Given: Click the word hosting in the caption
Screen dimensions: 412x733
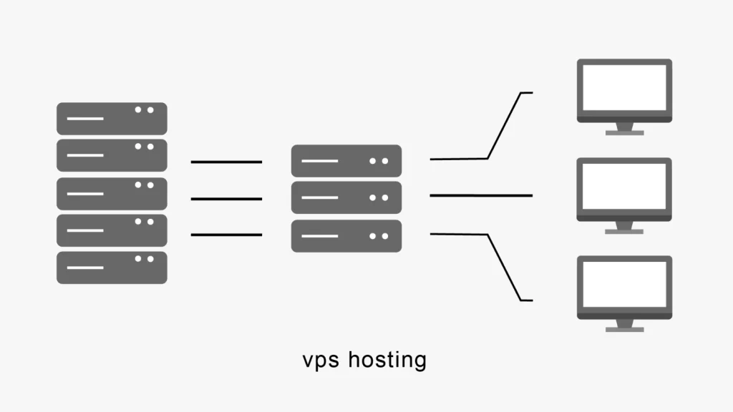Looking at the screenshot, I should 387,360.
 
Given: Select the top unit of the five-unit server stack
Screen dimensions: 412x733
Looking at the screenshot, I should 112,119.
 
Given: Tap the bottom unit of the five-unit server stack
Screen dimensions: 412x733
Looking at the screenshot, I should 112,268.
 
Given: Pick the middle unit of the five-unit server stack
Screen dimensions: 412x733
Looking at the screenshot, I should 112,193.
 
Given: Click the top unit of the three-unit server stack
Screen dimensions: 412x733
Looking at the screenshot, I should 346,161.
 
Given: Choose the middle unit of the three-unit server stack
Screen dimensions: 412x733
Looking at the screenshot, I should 346,198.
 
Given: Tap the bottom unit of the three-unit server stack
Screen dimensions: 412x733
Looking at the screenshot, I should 346,236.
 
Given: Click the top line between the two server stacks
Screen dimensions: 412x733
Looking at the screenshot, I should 226,162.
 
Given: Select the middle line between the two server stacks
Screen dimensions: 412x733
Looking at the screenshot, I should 226,199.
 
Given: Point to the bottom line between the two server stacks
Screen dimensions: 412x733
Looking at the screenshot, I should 226,235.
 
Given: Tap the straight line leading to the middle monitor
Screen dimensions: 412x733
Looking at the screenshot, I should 481,195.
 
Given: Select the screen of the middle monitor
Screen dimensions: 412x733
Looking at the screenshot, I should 625,185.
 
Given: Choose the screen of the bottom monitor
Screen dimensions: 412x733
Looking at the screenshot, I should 625,284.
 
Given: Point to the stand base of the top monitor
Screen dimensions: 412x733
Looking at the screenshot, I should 625,132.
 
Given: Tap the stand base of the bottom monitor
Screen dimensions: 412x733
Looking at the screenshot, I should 625,330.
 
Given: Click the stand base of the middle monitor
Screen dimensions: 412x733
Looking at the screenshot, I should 625,231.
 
